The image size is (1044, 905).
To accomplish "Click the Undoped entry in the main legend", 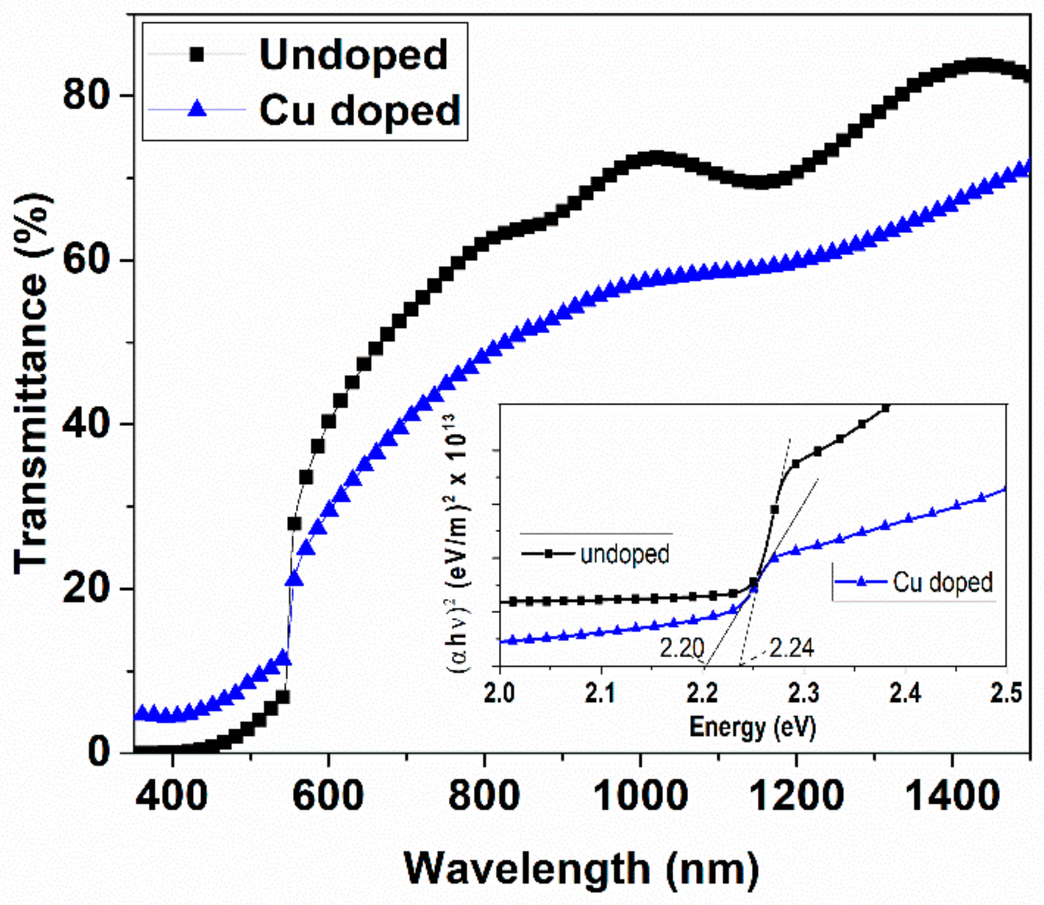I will [x=353, y=54].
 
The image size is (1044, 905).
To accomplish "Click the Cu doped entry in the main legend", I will [x=359, y=110].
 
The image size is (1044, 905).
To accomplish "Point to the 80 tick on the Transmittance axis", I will [x=86, y=95].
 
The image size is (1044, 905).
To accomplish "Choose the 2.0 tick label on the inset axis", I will [x=500, y=693].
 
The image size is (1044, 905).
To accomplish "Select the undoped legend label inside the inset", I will [x=625, y=554].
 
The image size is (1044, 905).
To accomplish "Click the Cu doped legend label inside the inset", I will [x=943, y=582].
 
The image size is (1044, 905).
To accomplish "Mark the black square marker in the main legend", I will [x=196, y=54].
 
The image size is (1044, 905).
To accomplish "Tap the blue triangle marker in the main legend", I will [x=196, y=109].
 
